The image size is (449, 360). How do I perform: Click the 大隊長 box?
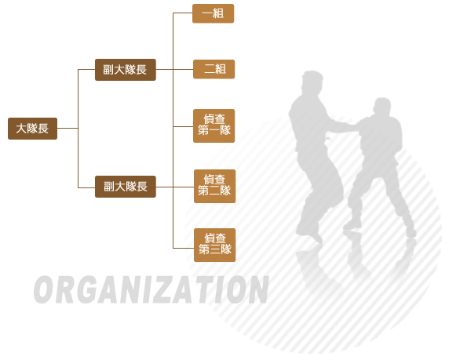(x=32, y=129)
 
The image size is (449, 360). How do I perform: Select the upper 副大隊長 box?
(x=126, y=70)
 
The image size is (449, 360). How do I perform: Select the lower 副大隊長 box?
(x=126, y=187)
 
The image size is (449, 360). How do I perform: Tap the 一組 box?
(x=213, y=13)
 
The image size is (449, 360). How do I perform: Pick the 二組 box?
(x=214, y=69)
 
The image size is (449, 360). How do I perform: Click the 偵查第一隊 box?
(x=214, y=125)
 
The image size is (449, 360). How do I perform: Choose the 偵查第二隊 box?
(x=215, y=187)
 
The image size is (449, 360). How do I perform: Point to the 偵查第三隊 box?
(x=215, y=245)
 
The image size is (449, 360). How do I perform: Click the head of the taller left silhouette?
(x=312, y=81)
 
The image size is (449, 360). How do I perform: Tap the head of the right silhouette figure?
(x=382, y=107)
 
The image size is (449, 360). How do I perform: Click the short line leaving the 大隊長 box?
(x=68, y=128)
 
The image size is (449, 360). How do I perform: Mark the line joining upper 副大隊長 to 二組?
(x=175, y=69)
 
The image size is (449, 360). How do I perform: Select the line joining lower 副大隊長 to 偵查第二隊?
(x=175, y=187)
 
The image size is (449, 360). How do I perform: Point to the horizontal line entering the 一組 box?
(x=183, y=13)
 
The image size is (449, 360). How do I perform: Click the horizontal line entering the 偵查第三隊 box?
(x=184, y=248)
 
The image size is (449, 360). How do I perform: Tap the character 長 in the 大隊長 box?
(x=43, y=129)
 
